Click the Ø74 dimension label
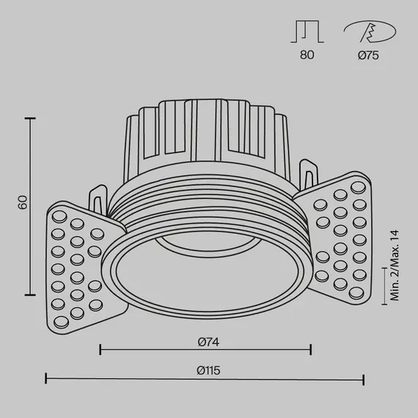tap(208, 341)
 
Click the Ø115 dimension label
tap(208, 371)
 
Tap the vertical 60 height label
tap(23, 202)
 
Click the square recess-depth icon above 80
tap(307, 32)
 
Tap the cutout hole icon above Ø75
tap(369, 32)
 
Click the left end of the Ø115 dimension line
tap(47, 379)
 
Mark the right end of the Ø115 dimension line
tap(364, 379)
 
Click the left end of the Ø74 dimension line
tap(100, 349)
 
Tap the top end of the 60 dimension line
tap(31, 117)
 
